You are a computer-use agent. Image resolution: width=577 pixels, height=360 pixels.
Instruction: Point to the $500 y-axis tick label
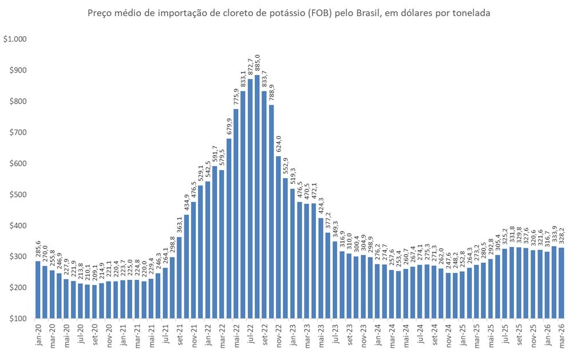coord(19,195)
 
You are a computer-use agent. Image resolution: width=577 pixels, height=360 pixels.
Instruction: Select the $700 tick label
coord(19,132)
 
